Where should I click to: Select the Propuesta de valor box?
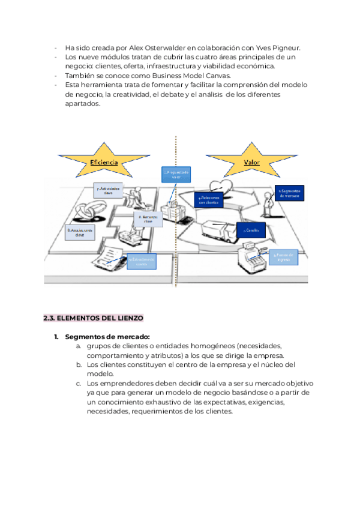click(x=176, y=174)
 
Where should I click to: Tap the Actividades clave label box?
click(x=108, y=190)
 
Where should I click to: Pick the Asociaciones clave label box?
click(x=80, y=232)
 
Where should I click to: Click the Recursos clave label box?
click(x=149, y=219)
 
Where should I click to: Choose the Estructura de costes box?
click(x=141, y=262)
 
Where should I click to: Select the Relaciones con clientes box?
click(x=209, y=199)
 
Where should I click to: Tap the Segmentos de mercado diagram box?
click(x=290, y=193)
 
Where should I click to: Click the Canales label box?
click(x=251, y=229)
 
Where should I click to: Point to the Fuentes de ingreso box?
click(x=283, y=257)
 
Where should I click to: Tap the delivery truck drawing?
click(x=211, y=231)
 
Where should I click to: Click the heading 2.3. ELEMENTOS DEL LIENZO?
click(x=93, y=318)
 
